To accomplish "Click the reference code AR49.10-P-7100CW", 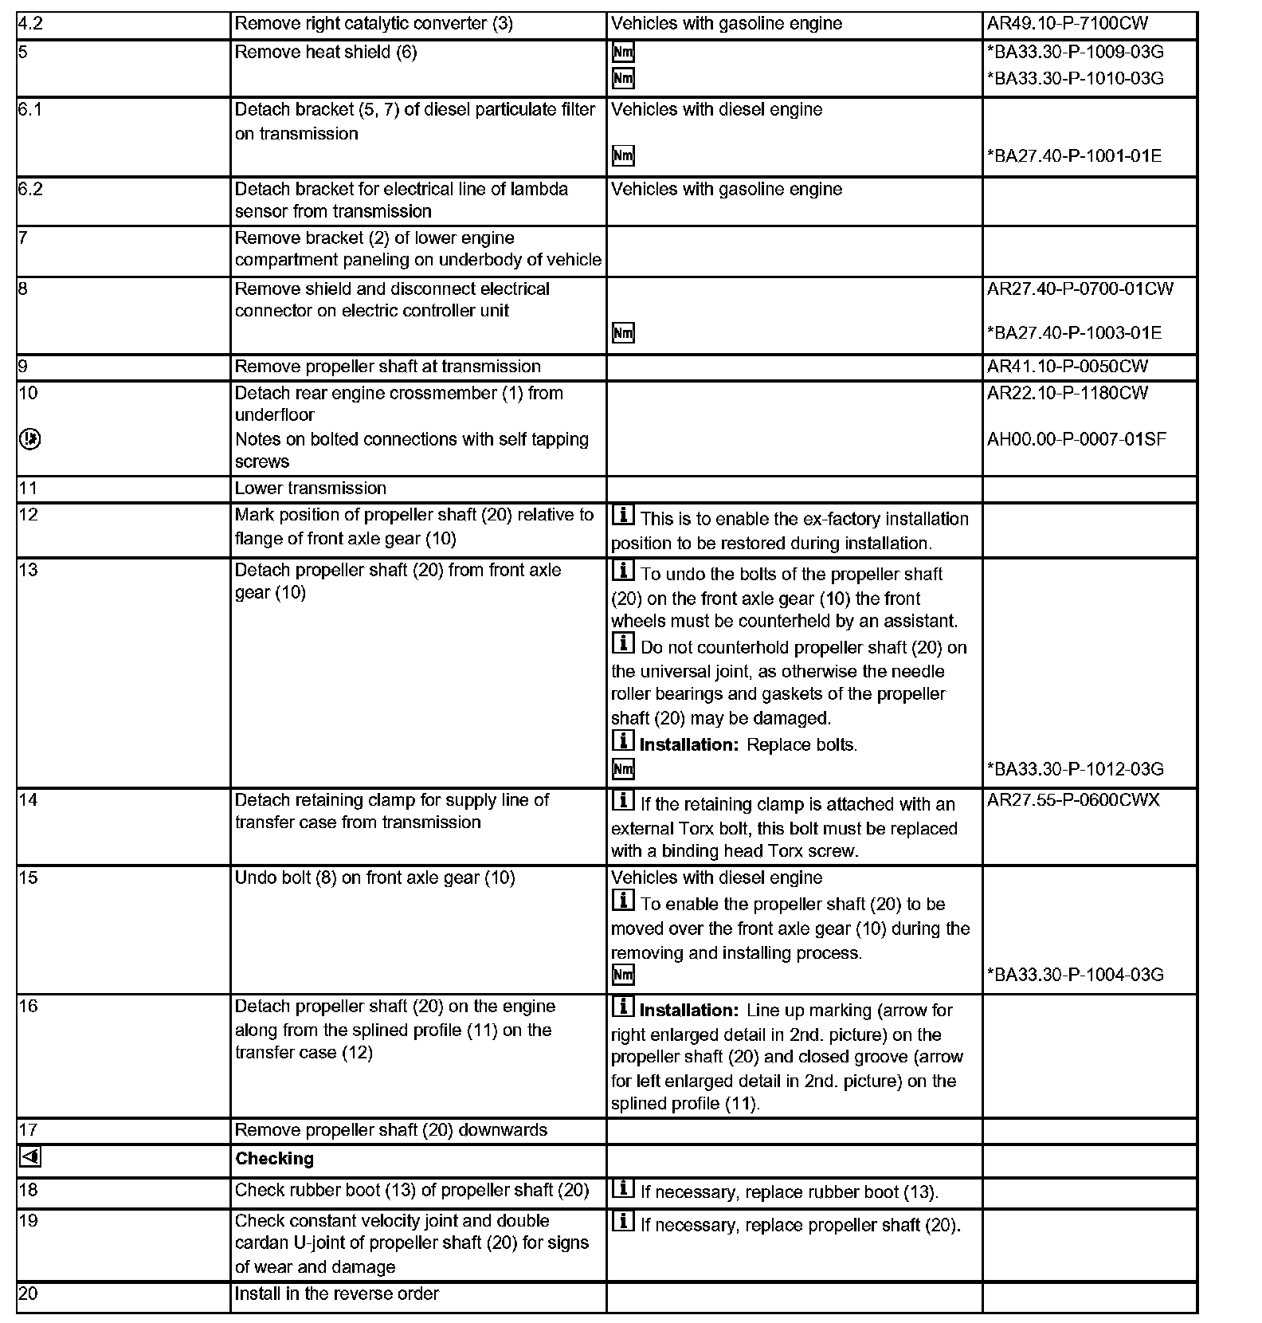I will coord(1068,24).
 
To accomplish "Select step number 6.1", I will coord(30,109).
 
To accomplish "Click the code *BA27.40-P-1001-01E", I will coord(1074,156).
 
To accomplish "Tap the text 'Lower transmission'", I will coord(310,488).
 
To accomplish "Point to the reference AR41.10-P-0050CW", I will coord(1068,367).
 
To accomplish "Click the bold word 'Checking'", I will coord(274,1159).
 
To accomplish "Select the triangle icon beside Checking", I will coord(29,1157).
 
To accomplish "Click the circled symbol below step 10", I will coord(30,439).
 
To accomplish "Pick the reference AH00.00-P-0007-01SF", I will coord(1076,439).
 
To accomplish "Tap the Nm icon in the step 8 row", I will coord(623,333).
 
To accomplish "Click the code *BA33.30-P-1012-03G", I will coord(1075,769).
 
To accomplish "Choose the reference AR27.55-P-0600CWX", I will coord(1073,800).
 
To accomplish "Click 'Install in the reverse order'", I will coord(336,1294).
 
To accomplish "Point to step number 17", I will coord(28,1130).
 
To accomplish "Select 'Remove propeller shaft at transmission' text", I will coord(387,367).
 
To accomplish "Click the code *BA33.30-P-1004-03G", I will coord(1075,975).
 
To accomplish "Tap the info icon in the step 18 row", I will coord(623,1190).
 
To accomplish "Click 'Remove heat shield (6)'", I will coord(325,53).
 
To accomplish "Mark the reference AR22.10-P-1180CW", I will coord(1068,393).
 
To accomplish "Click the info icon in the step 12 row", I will coord(623,516).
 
